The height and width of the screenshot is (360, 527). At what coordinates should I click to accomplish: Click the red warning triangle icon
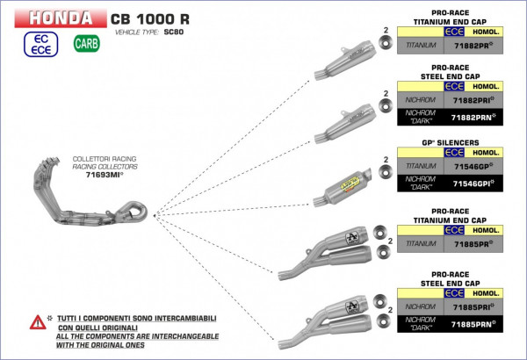37,322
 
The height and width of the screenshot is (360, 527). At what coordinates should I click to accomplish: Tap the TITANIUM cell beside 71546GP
419,166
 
